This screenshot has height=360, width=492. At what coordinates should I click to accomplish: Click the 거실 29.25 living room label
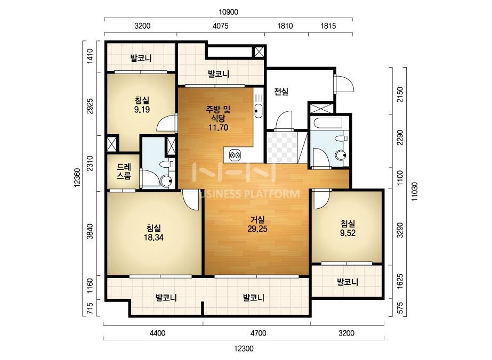(x=257, y=224)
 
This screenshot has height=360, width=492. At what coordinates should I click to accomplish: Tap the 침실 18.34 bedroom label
(x=154, y=232)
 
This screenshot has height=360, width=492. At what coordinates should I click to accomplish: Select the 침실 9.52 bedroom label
(x=348, y=228)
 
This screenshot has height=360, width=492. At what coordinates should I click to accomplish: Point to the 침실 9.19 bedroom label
(x=142, y=105)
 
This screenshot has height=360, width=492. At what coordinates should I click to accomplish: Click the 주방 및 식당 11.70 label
(x=218, y=118)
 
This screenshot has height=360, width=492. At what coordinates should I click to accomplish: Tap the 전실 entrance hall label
(x=281, y=92)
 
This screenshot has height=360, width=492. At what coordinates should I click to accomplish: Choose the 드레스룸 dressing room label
(x=124, y=171)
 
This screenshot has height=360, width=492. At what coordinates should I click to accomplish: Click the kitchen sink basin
(x=258, y=110)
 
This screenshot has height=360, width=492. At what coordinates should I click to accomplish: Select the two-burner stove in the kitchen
(x=235, y=154)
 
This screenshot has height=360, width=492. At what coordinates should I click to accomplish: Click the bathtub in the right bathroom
(x=328, y=122)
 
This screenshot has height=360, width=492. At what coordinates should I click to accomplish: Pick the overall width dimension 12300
(x=244, y=348)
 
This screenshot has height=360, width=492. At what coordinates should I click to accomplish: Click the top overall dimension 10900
(x=229, y=12)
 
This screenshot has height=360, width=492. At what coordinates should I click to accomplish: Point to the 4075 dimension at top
(x=221, y=26)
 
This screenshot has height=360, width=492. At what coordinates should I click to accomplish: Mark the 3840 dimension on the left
(x=90, y=231)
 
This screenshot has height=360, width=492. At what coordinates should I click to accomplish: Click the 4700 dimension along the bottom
(x=259, y=333)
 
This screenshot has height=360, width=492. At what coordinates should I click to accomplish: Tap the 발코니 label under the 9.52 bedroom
(x=348, y=282)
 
